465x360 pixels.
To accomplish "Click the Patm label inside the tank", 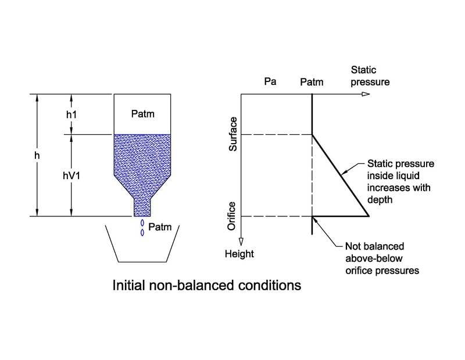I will pos(142,114).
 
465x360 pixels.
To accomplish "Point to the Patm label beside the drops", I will pos(160,227).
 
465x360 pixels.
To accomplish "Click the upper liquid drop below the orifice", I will pos(142,223).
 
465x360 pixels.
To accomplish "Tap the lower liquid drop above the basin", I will pos(142,233).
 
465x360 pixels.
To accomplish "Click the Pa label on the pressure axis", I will pos(270,82).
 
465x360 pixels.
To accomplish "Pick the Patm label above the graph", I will pos(312,82).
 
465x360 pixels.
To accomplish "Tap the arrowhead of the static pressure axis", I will pos(365,94).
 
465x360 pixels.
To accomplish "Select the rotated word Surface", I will pos(233,134).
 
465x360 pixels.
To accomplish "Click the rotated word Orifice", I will pos(232,216).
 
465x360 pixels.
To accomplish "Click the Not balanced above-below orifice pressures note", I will pos(382,258).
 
